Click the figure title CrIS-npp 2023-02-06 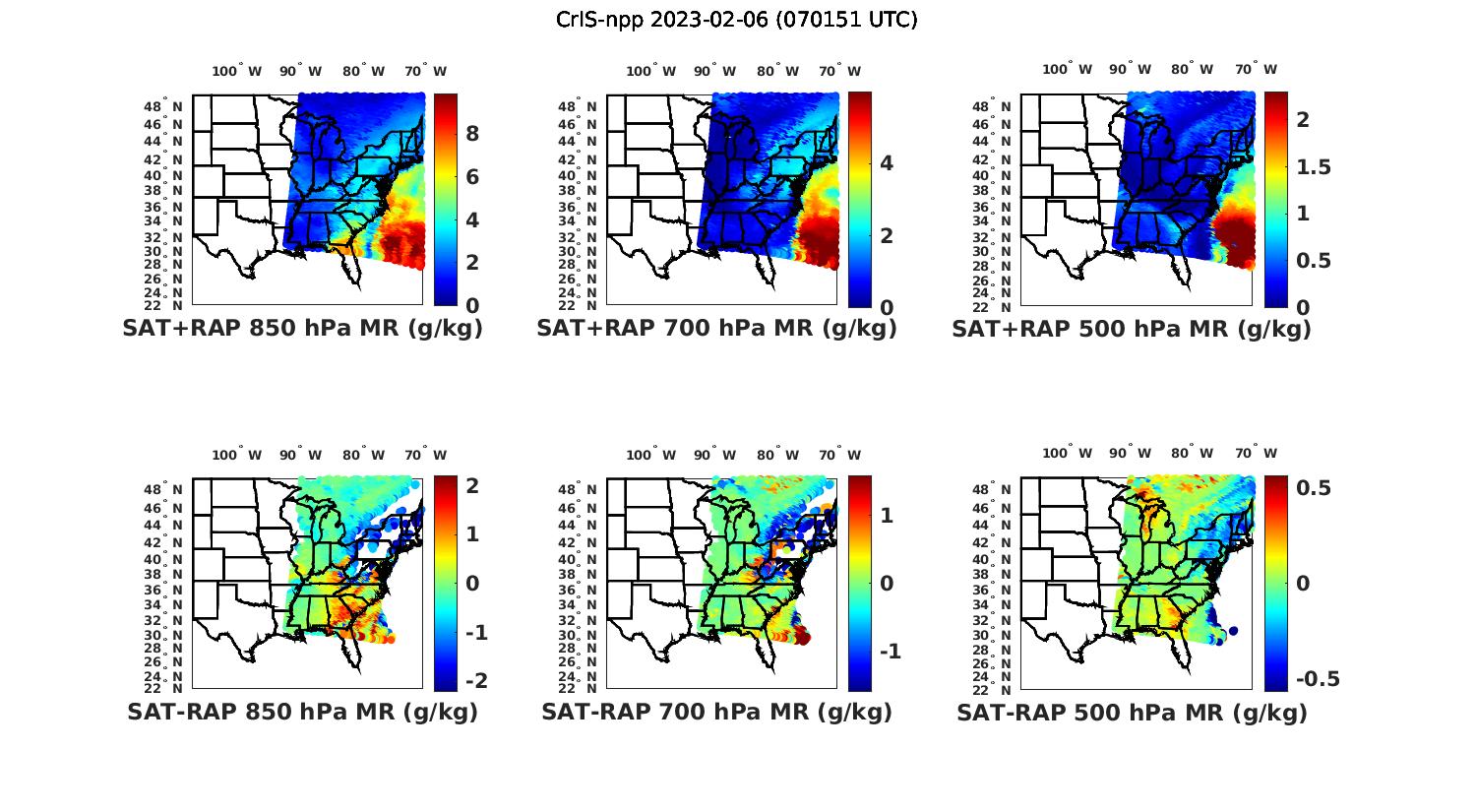(x=737, y=20)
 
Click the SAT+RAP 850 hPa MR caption (x=302, y=329)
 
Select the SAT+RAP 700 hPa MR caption (x=716, y=329)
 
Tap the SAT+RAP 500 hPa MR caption (x=1132, y=329)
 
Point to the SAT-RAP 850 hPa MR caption (x=302, y=712)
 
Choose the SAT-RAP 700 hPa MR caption (x=716, y=712)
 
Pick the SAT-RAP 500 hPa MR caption (x=1132, y=713)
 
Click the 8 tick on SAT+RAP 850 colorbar (x=472, y=134)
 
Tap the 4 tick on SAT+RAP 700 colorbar (x=887, y=162)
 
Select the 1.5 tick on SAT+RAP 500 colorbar (x=1314, y=167)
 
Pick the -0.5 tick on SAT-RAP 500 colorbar (x=1318, y=679)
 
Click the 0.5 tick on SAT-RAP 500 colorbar (x=1315, y=488)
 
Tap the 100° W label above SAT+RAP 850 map (x=237, y=71)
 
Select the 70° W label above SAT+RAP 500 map (x=1257, y=69)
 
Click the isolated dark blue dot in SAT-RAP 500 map (x=1233, y=631)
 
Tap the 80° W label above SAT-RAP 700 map (x=777, y=455)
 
